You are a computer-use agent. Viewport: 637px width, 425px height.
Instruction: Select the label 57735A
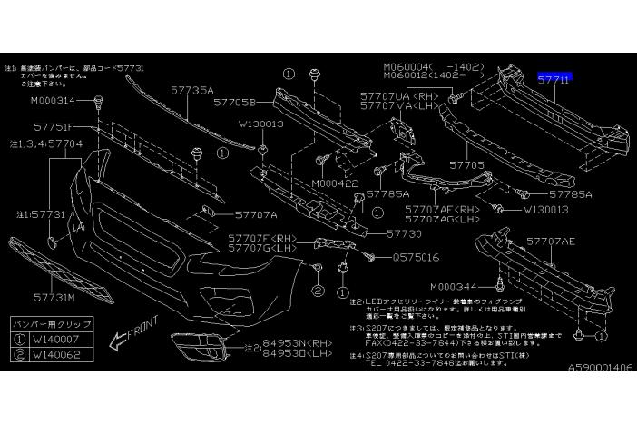(191, 91)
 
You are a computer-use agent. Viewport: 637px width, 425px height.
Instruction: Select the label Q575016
(416, 257)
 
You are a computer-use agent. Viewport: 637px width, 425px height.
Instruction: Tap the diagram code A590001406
(602, 369)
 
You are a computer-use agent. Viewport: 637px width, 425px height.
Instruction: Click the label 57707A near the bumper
(255, 215)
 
